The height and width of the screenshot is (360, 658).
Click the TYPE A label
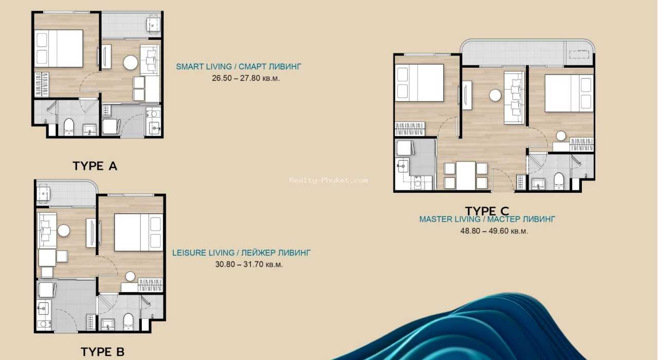click(95, 166)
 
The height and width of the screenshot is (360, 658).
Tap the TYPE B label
click(102, 352)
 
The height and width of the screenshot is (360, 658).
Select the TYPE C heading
click(487, 211)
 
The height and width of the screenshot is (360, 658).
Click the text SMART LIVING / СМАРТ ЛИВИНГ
click(239, 67)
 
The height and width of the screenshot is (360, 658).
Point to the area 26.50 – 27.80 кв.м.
click(246, 78)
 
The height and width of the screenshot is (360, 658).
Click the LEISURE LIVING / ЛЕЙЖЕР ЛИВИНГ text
click(241, 253)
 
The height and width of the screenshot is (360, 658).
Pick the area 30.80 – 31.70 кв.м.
click(249, 264)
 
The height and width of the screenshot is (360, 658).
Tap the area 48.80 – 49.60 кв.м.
click(494, 231)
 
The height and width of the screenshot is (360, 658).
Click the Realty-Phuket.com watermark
click(328, 180)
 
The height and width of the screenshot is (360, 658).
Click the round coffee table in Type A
click(131, 63)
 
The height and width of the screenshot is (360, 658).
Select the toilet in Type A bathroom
click(69, 127)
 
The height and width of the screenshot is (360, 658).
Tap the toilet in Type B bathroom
click(128, 321)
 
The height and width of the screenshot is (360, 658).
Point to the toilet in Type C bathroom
click(558, 181)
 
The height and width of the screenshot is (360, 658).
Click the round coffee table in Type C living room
click(495, 96)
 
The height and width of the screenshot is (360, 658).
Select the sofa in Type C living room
click(515, 98)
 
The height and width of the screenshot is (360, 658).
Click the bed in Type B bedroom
click(139, 232)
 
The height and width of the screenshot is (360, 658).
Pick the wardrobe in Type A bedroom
click(42, 84)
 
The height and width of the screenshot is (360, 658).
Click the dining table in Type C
click(466, 176)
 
